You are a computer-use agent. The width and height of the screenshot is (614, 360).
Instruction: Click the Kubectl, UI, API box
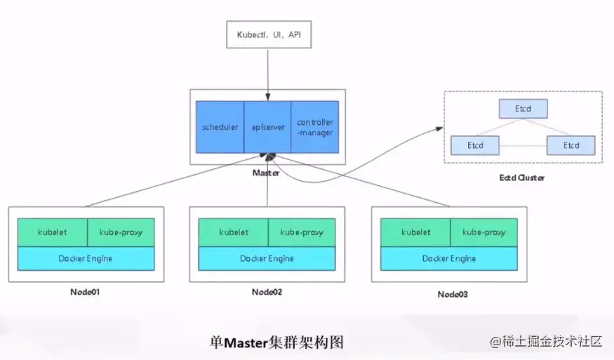tap(267, 34)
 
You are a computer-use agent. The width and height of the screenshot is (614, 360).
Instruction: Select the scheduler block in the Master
tap(220, 127)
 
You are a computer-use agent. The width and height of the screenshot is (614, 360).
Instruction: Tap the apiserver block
tap(267, 127)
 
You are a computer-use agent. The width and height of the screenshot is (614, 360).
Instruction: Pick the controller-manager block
tap(314, 127)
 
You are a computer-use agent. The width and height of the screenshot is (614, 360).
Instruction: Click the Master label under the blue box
tap(266, 171)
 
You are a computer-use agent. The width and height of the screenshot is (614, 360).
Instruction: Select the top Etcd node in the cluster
tap(523, 109)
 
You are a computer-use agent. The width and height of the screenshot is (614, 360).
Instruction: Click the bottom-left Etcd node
tap(475, 145)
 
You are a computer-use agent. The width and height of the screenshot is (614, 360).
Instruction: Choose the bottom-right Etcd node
tap(571, 145)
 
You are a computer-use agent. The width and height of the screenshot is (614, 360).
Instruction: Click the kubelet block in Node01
tap(52, 232)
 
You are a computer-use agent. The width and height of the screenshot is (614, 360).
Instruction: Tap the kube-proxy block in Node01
tap(121, 232)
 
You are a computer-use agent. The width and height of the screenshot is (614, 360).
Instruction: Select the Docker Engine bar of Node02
tap(267, 258)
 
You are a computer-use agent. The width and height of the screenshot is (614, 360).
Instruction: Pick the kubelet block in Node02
tap(233, 232)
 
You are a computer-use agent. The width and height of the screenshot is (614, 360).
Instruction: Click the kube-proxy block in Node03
tap(484, 232)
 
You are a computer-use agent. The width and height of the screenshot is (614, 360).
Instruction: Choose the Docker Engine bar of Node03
tap(449, 258)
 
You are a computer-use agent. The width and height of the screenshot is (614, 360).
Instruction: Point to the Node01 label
tap(86, 291)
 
